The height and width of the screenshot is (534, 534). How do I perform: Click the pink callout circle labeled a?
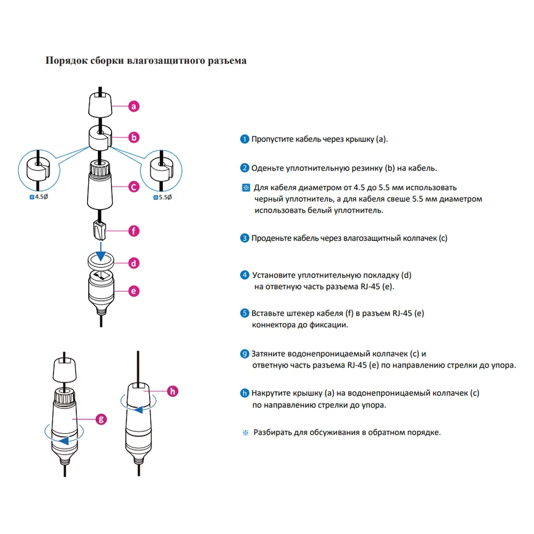click(x=135, y=106)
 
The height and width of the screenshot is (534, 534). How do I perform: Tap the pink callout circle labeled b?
click(x=135, y=138)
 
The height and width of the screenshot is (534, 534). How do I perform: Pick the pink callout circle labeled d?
click(x=135, y=263)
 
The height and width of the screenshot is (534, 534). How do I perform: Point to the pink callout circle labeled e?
click(x=135, y=291)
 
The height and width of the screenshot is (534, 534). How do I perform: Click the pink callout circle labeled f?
click(x=135, y=230)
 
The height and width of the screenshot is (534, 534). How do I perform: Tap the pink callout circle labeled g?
click(x=102, y=418)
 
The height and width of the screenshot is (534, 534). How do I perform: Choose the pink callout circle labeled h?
click(x=174, y=391)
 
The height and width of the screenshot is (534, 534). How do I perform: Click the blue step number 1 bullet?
click(x=245, y=139)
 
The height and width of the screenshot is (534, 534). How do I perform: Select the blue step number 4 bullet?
click(x=245, y=275)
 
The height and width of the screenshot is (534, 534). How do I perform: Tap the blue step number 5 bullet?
click(x=245, y=313)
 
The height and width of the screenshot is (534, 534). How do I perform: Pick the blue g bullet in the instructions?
click(x=245, y=354)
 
